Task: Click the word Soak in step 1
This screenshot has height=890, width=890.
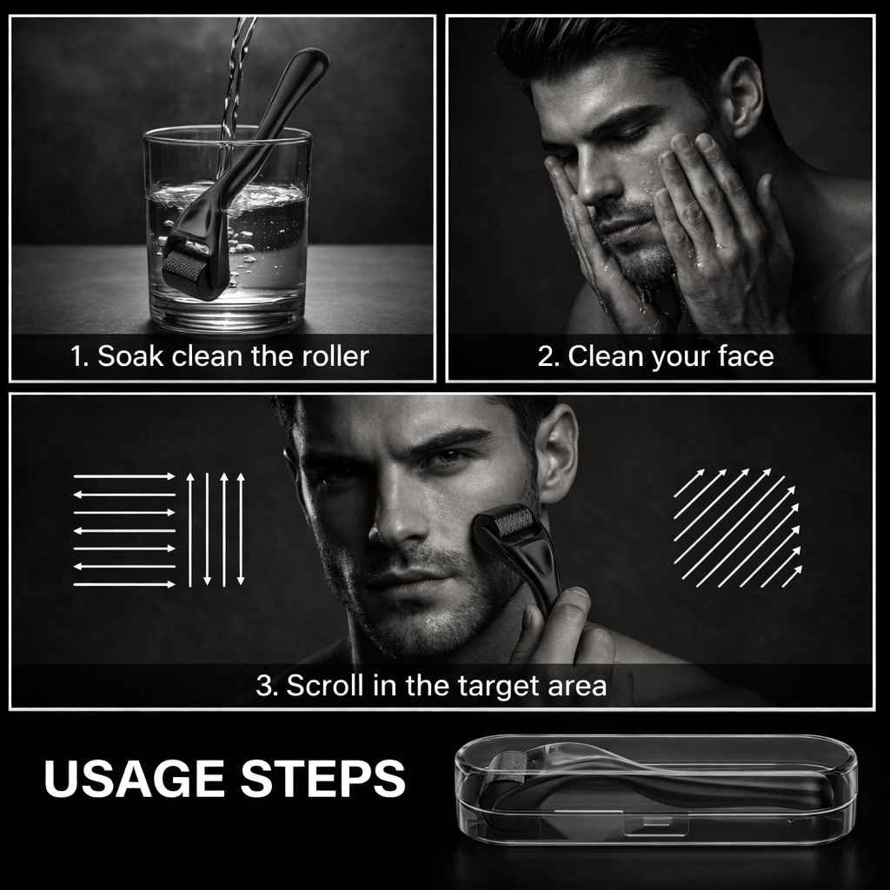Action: [130, 356]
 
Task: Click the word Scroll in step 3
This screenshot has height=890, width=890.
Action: [325, 685]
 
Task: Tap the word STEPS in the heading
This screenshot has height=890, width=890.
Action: [323, 778]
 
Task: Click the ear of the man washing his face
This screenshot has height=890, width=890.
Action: [744, 96]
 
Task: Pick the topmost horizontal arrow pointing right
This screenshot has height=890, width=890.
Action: [124, 476]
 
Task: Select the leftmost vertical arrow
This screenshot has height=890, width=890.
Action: [190, 529]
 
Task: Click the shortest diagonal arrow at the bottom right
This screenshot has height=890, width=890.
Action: [793, 576]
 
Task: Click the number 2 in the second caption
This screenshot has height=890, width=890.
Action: [546, 357]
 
